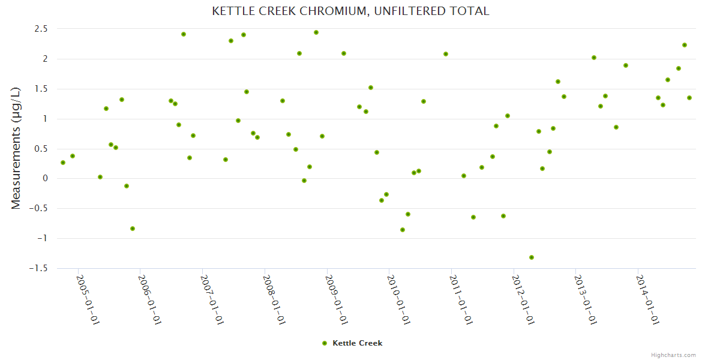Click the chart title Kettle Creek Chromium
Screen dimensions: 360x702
(350, 11)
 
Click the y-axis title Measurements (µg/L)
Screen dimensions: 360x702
(16, 148)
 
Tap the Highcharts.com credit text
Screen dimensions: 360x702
(673, 355)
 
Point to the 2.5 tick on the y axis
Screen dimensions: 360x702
(41, 29)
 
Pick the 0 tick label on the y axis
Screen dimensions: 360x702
(45, 179)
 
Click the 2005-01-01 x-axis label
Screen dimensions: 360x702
(88, 300)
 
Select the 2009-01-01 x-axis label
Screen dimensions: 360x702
(337, 300)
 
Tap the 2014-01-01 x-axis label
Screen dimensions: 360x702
(648, 300)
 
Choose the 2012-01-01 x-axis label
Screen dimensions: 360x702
(524, 300)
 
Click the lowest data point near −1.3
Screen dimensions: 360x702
(532, 257)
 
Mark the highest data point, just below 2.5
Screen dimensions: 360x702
(316, 32)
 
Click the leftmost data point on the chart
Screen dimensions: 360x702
(63, 163)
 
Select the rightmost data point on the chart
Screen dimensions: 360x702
(689, 98)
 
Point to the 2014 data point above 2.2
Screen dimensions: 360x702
(685, 45)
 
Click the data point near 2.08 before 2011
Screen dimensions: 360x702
(446, 54)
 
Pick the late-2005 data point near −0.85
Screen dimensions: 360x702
(133, 229)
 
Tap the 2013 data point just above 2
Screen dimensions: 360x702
(594, 58)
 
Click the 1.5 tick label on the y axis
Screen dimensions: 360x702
(41, 89)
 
